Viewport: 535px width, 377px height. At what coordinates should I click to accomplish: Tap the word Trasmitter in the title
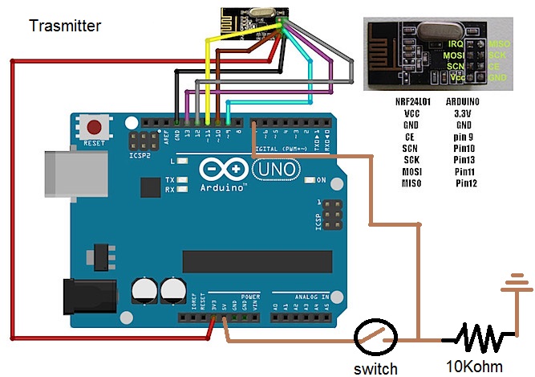(65, 26)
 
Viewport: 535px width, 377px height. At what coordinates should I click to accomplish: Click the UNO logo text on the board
(278, 170)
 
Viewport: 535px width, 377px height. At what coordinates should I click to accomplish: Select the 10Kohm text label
(476, 367)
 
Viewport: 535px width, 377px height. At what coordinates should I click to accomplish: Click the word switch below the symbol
(375, 369)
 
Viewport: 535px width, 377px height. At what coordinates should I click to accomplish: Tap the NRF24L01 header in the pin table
(413, 103)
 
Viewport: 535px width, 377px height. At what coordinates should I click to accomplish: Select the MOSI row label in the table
(413, 171)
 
